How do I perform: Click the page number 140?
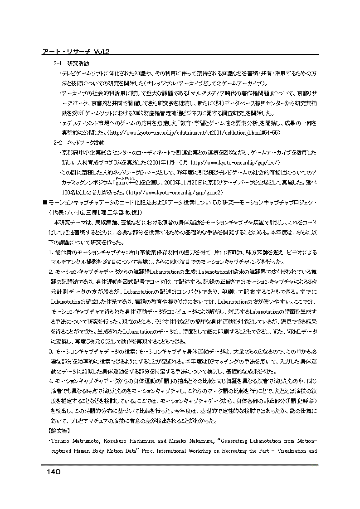point(53,472)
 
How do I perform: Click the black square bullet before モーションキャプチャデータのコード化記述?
point(44,202)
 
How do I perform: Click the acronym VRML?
point(293,331)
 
